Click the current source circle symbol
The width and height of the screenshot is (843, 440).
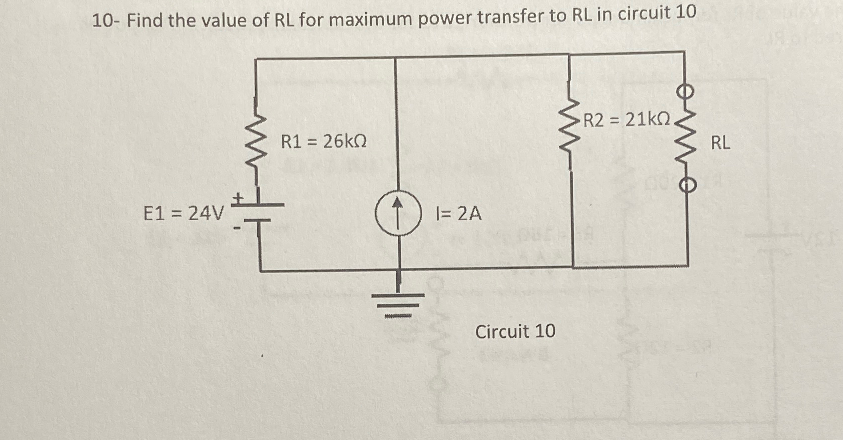click(397, 213)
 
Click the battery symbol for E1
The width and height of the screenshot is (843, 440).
click(260, 212)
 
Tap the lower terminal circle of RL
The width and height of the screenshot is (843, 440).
click(687, 185)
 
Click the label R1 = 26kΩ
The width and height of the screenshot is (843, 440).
click(324, 142)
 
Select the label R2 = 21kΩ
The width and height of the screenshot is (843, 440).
click(627, 120)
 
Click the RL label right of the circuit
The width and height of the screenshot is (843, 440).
click(720, 143)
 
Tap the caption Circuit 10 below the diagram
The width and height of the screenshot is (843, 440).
click(515, 331)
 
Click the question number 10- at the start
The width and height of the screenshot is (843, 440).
click(107, 21)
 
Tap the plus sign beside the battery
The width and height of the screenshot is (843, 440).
click(238, 198)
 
